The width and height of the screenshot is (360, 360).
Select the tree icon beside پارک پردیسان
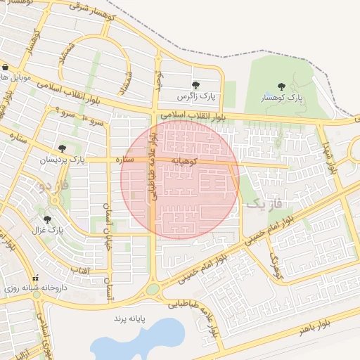coord(62,148)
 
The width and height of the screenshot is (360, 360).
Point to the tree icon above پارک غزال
coord(56,201)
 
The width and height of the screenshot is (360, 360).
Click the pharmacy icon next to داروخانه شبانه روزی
coord(36,278)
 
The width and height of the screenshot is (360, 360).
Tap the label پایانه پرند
coord(128,319)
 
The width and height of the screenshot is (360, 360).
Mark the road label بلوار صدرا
coord(331,157)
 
